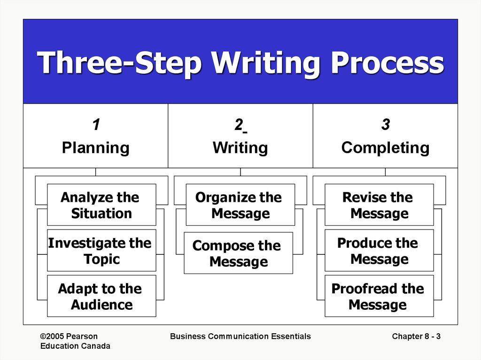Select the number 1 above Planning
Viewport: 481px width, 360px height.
pos(96,125)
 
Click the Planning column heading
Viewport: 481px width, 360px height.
pos(96,148)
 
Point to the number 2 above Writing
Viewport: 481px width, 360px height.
pos(239,125)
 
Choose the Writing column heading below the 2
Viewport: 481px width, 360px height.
pos(240,148)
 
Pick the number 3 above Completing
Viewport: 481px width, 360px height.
pos(386,125)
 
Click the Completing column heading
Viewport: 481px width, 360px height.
pos(385,148)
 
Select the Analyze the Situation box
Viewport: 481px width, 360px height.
pos(101,205)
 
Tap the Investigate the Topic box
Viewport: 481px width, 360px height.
pos(101,251)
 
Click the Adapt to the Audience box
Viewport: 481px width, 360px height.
pos(101,296)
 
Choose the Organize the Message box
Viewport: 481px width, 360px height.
pos(240,205)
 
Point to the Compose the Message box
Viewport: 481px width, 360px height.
pos(238,253)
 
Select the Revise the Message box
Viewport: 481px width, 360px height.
pos(379,205)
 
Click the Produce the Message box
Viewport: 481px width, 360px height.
pos(379,251)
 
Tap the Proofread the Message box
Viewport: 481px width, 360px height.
pos(379,296)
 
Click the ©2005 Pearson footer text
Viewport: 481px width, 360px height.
pos(69,336)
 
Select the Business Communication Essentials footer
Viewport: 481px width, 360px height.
pos(240,336)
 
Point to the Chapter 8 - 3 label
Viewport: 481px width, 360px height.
pos(416,336)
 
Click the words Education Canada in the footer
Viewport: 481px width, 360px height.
pos(75,346)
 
